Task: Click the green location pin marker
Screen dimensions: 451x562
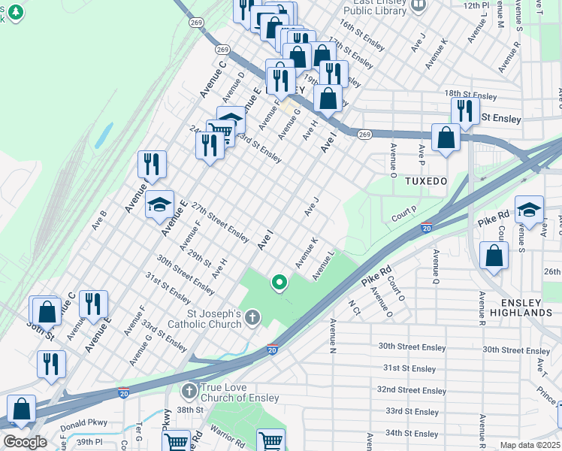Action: pos(279,283)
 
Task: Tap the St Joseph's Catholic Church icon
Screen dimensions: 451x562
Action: pos(252,319)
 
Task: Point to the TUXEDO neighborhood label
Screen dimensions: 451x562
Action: pos(426,182)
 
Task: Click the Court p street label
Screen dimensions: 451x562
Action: pos(404,215)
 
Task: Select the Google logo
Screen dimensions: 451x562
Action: pos(25,442)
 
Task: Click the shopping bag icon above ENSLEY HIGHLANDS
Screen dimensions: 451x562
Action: pos(494,256)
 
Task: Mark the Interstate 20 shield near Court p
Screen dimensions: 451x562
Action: pos(426,228)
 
